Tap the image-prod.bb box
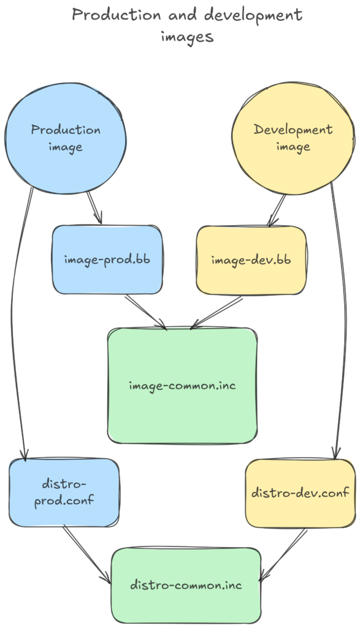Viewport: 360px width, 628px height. pyautogui.click(x=107, y=259)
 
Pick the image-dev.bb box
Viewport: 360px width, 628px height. pyautogui.click(x=250, y=259)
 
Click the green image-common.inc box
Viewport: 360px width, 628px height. pyautogui.click(x=182, y=386)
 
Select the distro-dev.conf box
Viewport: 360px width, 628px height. pyautogui.click(x=300, y=492)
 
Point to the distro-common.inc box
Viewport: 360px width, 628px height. pyautogui.click(x=186, y=584)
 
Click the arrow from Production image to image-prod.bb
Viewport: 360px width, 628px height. pyautogui.click(x=94, y=208)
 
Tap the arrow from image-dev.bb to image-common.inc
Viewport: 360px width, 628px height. pyautogui.click(x=218, y=312)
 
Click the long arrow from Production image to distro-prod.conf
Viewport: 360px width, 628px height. pyautogui.click(x=16, y=325)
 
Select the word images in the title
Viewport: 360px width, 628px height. pyautogui.click(x=187, y=37)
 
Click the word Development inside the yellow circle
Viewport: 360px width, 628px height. pyautogui.click(x=293, y=130)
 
